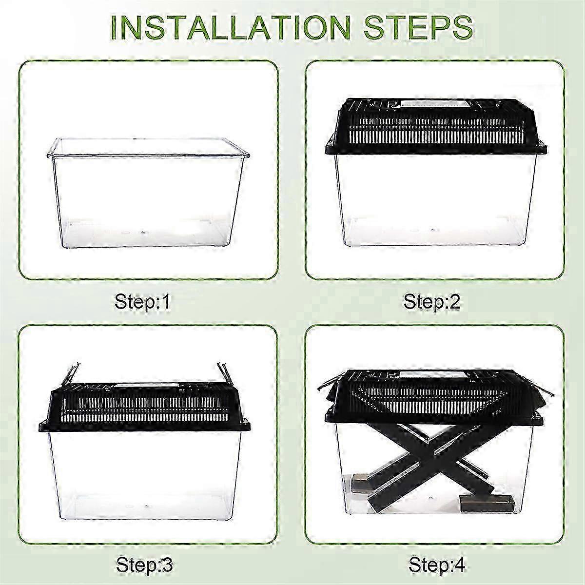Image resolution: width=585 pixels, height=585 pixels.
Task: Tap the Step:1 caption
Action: [x=142, y=302]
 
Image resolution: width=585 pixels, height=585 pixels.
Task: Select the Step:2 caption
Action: [x=431, y=302]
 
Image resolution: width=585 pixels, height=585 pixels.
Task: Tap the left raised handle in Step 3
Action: [x=71, y=375]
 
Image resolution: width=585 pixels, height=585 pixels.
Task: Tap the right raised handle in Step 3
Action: [x=224, y=375]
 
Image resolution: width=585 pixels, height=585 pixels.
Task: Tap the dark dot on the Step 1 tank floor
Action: [x=141, y=233]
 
